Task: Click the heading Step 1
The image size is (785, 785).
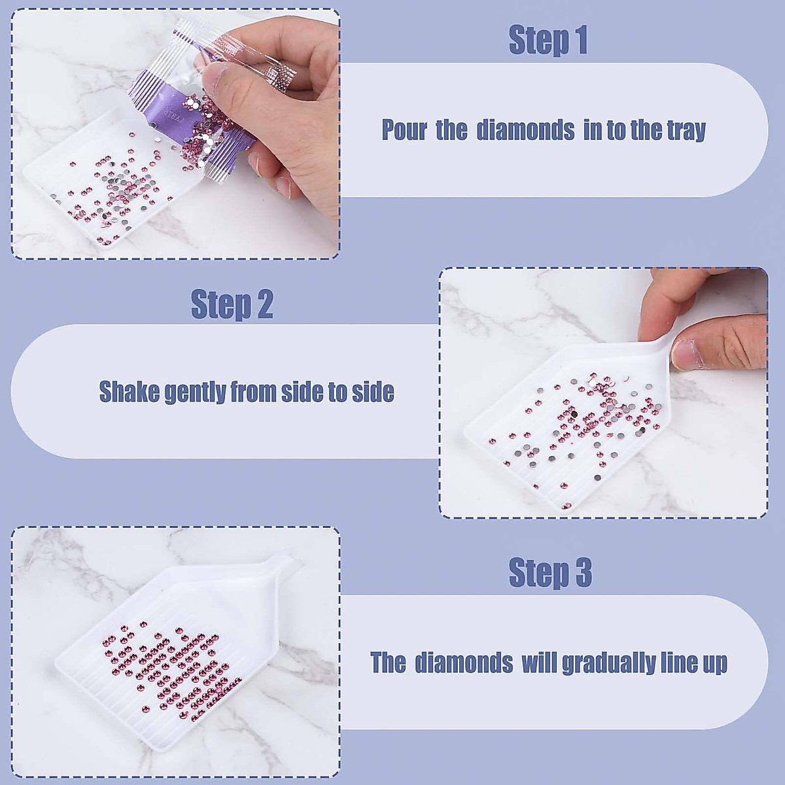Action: pyautogui.click(x=548, y=40)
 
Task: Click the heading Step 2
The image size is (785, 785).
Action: pyautogui.click(x=232, y=304)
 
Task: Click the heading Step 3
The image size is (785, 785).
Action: pyautogui.click(x=550, y=572)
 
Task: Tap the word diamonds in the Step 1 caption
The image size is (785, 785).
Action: pyautogui.click(x=525, y=130)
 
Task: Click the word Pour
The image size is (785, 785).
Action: pyautogui.click(x=404, y=130)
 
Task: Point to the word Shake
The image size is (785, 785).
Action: pyautogui.click(x=129, y=392)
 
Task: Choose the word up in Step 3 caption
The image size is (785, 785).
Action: pyautogui.click(x=713, y=664)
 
